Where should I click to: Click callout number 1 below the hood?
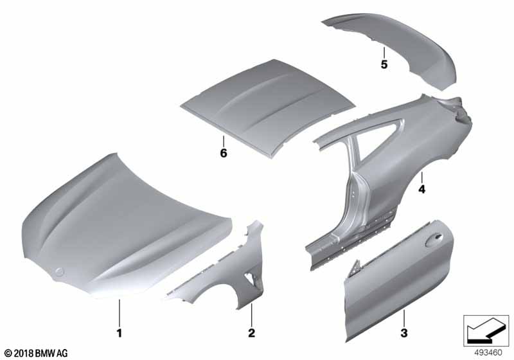click(x=118, y=333)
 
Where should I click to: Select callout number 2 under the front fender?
click(x=252, y=333)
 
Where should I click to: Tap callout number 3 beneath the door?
click(x=403, y=333)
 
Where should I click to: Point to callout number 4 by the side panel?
click(x=422, y=190)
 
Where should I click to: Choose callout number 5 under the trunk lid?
click(x=384, y=65)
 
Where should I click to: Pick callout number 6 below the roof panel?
click(x=223, y=154)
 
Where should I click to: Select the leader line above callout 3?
click(x=404, y=316)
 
